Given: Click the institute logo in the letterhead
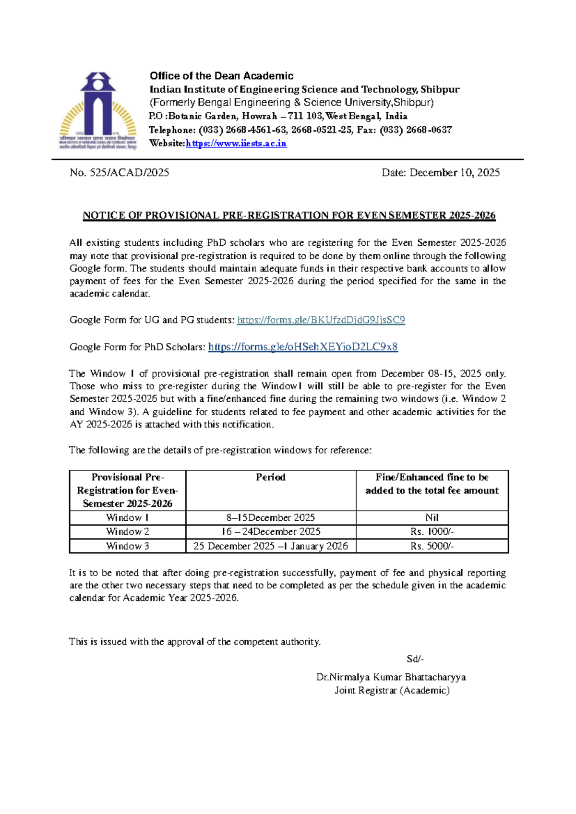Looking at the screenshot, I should click(x=98, y=111).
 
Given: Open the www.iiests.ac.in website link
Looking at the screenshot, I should click(x=236, y=144).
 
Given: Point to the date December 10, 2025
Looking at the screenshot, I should click(x=454, y=173).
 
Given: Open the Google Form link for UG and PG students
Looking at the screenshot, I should click(x=321, y=320).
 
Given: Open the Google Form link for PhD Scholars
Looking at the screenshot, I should click(x=303, y=347).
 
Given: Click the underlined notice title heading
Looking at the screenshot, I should click(x=289, y=215).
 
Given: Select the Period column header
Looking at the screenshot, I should click(x=270, y=477).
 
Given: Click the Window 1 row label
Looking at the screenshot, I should click(x=127, y=518).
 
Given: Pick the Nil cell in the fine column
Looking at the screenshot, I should click(x=432, y=518).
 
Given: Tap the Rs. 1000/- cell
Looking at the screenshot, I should click(x=432, y=532).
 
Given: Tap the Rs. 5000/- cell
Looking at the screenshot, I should click(x=432, y=546).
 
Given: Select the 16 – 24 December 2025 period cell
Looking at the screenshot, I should click(x=270, y=532).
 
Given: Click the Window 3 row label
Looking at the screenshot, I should click(x=127, y=546).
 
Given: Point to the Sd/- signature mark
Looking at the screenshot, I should click(x=415, y=659).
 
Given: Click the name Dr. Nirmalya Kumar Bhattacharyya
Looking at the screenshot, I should click(x=391, y=677).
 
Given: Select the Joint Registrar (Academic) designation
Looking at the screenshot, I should click(x=392, y=691).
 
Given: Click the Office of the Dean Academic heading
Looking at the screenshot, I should click(x=221, y=76).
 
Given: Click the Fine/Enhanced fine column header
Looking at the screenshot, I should click(x=432, y=484).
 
